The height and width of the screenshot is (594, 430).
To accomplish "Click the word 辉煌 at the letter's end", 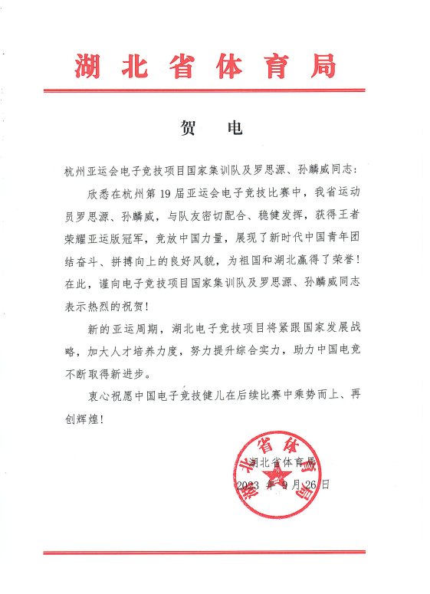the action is (95, 419).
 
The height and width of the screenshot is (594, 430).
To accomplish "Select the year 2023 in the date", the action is (248, 485).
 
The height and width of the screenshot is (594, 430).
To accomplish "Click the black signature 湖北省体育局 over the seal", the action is (282, 463).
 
